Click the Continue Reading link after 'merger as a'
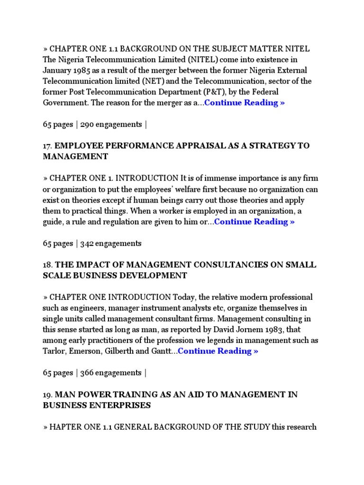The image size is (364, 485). point(245,103)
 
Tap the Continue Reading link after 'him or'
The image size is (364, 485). point(255,222)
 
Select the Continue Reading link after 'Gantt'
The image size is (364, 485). point(218,351)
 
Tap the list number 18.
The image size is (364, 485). point(47,265)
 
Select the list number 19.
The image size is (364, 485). point(47,395)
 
